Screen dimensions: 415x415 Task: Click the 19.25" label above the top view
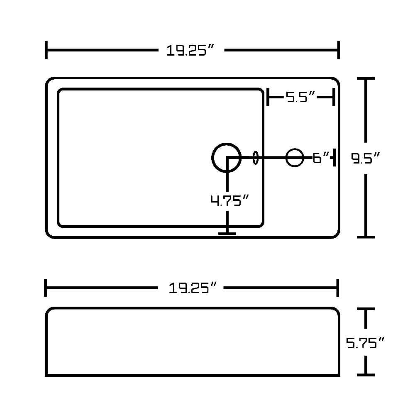(x=190, y=50)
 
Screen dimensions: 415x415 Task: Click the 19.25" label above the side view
(x=193, y=288)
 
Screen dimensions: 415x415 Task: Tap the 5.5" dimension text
(x=301, y=97)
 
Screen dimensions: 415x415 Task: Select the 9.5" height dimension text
(x=365, y=158)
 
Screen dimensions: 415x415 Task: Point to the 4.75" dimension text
(x=229, y=200)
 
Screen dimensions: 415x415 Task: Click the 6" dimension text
(x=321, y=158)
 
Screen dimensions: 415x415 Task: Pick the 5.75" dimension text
(x=365, y=343)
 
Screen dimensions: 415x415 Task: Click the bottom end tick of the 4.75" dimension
(x=227, y=234)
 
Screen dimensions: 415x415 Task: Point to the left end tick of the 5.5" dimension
(x=268, y=97)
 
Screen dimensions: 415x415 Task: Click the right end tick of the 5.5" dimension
(x=334, y=97)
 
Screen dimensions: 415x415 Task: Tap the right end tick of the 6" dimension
(x=334, y=157)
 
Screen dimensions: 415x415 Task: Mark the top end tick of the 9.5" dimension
(x=366, y=78)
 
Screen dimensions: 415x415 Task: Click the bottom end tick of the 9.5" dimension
(x=366, y=237)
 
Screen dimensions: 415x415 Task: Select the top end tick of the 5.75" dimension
(x=366, y=309)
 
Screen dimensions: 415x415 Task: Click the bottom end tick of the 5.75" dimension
(x=366, y=375)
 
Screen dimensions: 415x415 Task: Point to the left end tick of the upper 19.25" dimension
(x=46, y=50)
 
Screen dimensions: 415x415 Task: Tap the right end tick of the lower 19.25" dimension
(x=337, y=288)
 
